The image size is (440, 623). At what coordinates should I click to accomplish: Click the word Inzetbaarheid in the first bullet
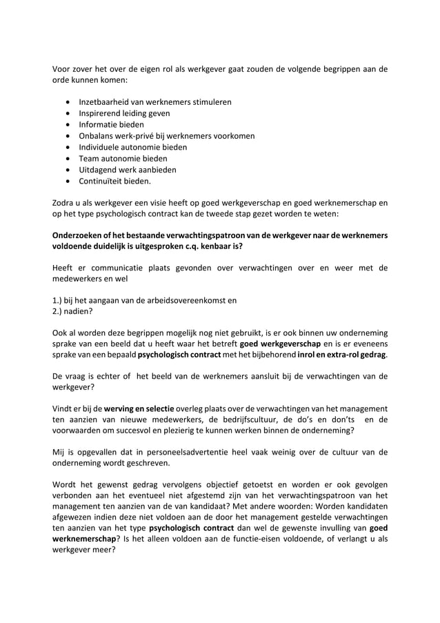click(105, 102)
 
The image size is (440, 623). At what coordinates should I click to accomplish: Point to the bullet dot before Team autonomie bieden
click(68, 159)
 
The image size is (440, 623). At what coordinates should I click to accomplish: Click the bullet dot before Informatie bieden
click(68, 125)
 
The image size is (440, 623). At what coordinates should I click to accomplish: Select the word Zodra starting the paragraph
click(66, 204)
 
